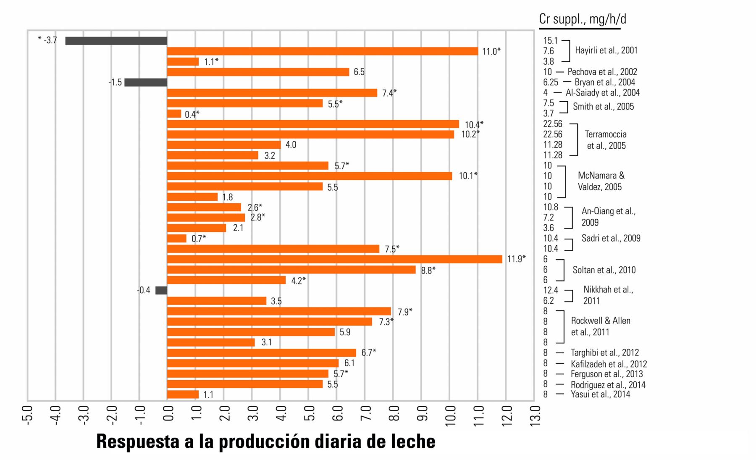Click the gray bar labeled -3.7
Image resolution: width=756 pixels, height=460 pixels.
[x=116, y=41]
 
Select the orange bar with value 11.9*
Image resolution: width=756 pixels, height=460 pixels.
[x=334, y=259]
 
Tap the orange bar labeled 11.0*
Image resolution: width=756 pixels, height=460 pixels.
[x=323, y=51]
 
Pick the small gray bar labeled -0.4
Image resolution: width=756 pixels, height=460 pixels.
[x=161, y=290]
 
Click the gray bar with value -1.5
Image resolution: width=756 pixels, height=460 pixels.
[x=146, y=82]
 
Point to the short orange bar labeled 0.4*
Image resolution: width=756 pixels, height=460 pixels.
[x=174, y=114]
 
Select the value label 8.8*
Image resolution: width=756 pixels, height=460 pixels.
[x=428, y=271]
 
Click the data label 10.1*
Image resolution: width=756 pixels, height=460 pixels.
[x=468, y=176]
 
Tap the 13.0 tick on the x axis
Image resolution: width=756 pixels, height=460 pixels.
[x=535, y=416]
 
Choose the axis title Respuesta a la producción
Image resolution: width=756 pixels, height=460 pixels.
[x=265, y=442]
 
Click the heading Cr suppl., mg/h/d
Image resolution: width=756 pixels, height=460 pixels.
[x=582, y=19]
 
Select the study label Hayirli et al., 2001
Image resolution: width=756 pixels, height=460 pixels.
[x=606, y=50]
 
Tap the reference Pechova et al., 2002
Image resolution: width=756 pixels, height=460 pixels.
[x=602, y=72]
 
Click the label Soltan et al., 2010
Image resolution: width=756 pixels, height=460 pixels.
[x=604, y=270]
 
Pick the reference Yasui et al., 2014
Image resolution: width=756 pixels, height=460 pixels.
[x=600, y=394]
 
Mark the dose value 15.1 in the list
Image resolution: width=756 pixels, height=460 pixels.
[x=550, y=41]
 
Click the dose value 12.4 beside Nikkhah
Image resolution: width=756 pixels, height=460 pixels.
[x=551, y=290]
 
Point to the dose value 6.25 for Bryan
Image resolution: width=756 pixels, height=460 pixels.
[x=551, y=82]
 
